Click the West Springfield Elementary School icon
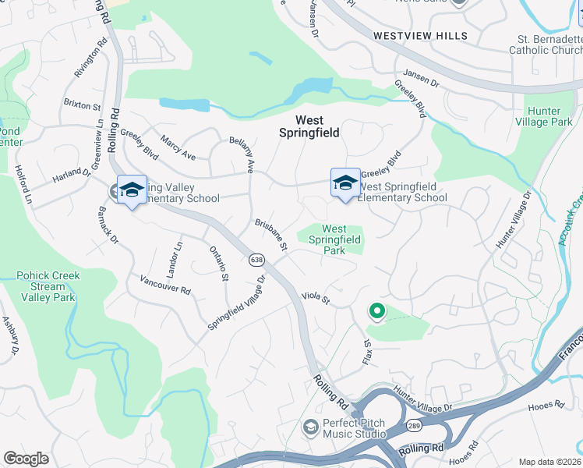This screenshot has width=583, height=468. [345, 183]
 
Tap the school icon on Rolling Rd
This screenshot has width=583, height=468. [132, 189]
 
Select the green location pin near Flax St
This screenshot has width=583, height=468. [377, 312]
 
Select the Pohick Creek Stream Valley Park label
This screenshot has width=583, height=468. [47, 286]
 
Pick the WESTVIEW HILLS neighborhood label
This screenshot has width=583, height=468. [420, 36]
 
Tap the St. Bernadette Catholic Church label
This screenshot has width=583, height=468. [546, 44]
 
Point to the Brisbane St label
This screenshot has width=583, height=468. [272, 235]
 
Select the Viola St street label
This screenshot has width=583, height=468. [316, 300]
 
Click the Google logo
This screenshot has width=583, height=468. [26, 459]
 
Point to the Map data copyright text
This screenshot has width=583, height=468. [549, 462]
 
